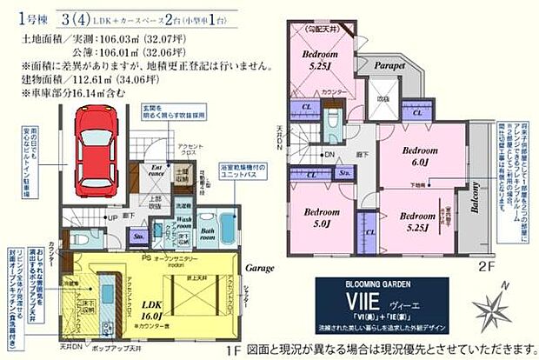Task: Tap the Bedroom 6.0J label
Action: click(425, 156)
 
